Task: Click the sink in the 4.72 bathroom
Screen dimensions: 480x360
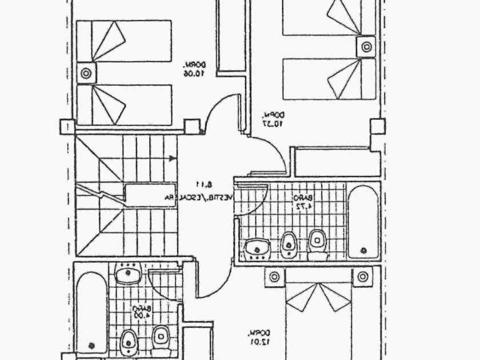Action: (x=255, y=248)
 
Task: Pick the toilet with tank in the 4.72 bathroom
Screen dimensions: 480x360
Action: (x=317, y=244)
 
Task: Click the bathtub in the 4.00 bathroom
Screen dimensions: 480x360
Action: (x=91, y=311)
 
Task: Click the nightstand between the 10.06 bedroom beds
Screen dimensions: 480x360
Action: (x=86, y=73)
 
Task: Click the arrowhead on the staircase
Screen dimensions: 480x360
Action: (x=173, y=159)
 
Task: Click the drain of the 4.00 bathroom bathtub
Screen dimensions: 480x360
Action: (x=91, y=345)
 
